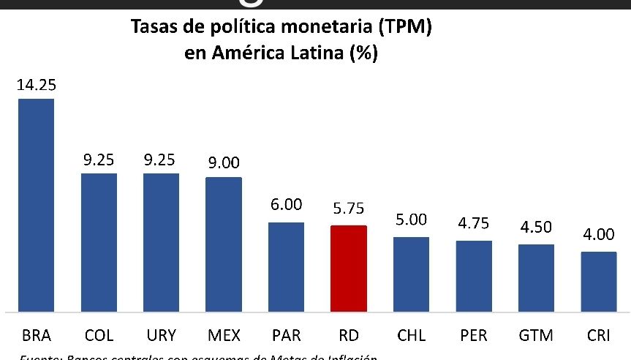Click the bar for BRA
(x=36, y=205)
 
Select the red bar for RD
(x=349, y=268)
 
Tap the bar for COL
(x=99, y=241)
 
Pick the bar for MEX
(x=224, y=244)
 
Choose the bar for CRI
(x=599, y=281)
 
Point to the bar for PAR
(x=286, y=266)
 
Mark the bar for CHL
(x=411, y=274)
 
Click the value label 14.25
(x=36, y=85)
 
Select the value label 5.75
(x=349, y=209)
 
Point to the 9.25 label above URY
(x=161, y=159)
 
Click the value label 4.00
(x=599, y=236)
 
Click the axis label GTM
(x=536, y=336)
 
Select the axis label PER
(x=474, y=336)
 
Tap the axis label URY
(x=161, y=336)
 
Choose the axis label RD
(x=349, y=336)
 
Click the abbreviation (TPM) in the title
(x=398, y=29)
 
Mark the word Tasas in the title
(x=153, y=29)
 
